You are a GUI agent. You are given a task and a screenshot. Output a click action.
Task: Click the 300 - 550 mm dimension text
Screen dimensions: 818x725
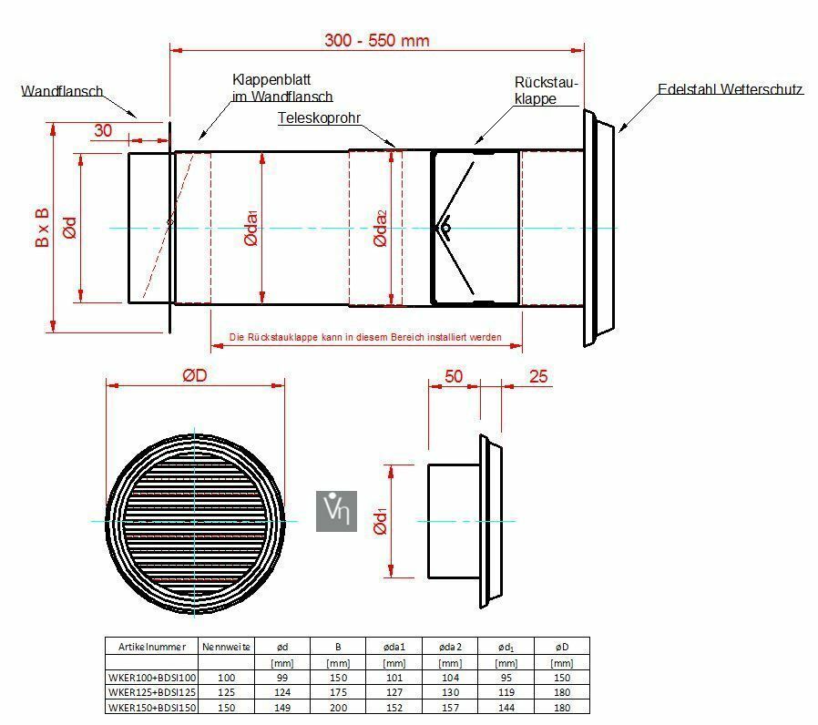pos(376,40)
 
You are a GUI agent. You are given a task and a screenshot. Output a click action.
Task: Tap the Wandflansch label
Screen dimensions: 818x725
pos(62,91)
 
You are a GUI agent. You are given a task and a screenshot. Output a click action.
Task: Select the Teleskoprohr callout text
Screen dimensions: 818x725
pos(319,117)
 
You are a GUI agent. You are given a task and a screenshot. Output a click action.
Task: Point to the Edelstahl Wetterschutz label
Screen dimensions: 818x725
pos(731,89)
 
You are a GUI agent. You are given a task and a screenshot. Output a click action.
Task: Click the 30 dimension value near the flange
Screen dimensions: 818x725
pos(103,130)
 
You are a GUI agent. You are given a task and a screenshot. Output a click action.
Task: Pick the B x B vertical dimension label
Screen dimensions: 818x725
pos(42,228)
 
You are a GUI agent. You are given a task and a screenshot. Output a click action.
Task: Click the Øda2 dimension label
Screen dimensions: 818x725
pos(381,228)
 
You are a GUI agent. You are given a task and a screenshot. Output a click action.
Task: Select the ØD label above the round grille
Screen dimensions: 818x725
pos(195,375)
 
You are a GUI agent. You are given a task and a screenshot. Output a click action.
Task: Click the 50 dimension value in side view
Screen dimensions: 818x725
pos(454,376)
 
